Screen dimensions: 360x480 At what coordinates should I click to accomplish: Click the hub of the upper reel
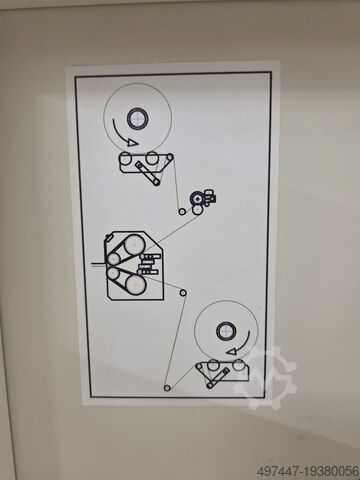point(137,119)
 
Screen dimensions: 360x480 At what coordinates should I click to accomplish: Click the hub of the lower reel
point(226,332)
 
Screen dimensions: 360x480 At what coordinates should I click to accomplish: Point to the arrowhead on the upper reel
point(133,142)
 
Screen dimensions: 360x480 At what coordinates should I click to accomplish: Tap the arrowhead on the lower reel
point(231,351)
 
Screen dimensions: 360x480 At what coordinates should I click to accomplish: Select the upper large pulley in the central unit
point(134,245)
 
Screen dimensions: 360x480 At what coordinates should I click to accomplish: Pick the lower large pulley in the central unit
point(135,286)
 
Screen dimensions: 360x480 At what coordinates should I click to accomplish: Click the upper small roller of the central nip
point(113,258)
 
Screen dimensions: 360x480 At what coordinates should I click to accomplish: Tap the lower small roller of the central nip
point(113,273)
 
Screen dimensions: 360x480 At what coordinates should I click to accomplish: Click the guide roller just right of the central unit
point(183,293)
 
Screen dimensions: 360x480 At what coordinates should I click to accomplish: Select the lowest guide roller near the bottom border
point(168,388)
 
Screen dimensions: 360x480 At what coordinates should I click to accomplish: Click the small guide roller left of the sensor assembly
point(182,212)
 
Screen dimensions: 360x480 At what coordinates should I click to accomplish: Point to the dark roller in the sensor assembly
point(197,199)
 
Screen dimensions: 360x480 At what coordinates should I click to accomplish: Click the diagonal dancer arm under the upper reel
point(147,173)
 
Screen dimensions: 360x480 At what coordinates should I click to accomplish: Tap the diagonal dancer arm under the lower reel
point(217,378)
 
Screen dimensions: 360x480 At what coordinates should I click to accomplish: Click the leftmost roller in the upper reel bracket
point(125,158)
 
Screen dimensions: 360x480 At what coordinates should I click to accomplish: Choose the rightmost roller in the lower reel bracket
point(238,365)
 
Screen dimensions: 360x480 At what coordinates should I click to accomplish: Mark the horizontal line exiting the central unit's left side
point(99,265)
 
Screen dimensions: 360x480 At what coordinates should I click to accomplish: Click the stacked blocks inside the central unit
point(149,264)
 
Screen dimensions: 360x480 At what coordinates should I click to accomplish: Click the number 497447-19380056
point(308,472)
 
